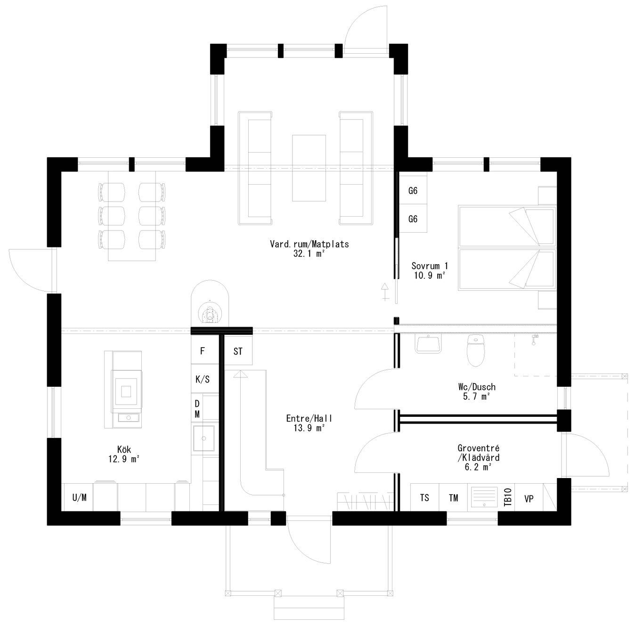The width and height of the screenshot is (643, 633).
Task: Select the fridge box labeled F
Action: [203, 351]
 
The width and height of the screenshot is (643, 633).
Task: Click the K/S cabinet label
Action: [203, 379]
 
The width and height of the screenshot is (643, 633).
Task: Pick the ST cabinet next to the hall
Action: [238, 351]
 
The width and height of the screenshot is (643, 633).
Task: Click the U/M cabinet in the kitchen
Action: [79, 497]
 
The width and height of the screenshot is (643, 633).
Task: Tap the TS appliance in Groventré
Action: [424, 497]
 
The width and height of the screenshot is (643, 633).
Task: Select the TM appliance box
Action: [453, 497]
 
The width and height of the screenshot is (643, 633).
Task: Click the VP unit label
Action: [529, 498]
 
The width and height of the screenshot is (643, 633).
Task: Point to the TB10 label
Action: [508, 497]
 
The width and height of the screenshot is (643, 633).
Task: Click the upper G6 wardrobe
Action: [413, 191]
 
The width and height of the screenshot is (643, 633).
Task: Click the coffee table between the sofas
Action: [309, 168]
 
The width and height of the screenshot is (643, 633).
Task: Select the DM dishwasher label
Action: [197, 409]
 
